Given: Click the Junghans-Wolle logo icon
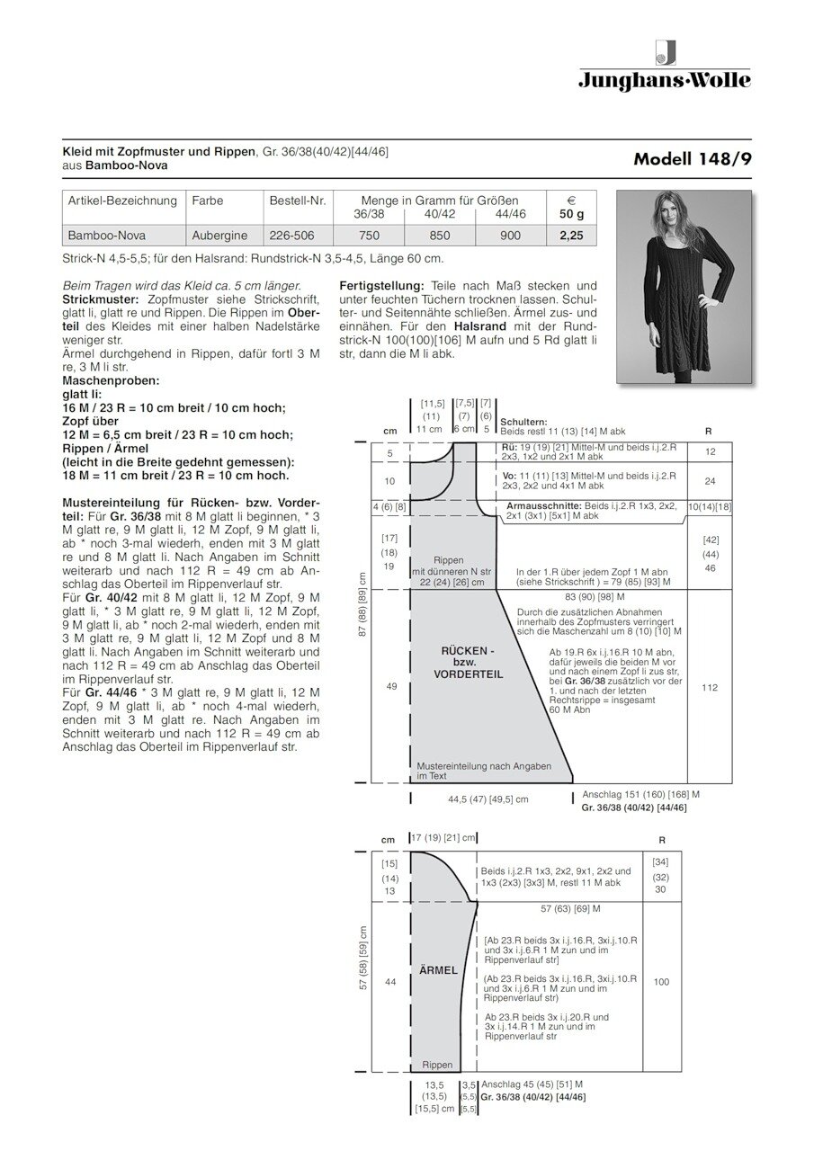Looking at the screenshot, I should [x=666, y=52].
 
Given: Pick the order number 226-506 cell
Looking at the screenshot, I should [x=291, y=237].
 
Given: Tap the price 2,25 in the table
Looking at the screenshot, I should [x=571, y=237].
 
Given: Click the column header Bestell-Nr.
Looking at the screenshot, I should [x=298, y=201].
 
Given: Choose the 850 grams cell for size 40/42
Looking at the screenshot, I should [x=440, y=237].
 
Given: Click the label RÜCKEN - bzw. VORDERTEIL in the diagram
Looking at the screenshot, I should [x=467, y=661].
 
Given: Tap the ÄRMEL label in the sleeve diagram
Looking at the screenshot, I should [x=439, y=970].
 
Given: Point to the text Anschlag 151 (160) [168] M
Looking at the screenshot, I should [x=641, y=795].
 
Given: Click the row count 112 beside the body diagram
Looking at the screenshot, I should [x=709, y=687].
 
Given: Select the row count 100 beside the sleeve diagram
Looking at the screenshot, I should [x=661, y=982].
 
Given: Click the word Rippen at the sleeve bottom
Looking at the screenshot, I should [x=438, y=1065].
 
